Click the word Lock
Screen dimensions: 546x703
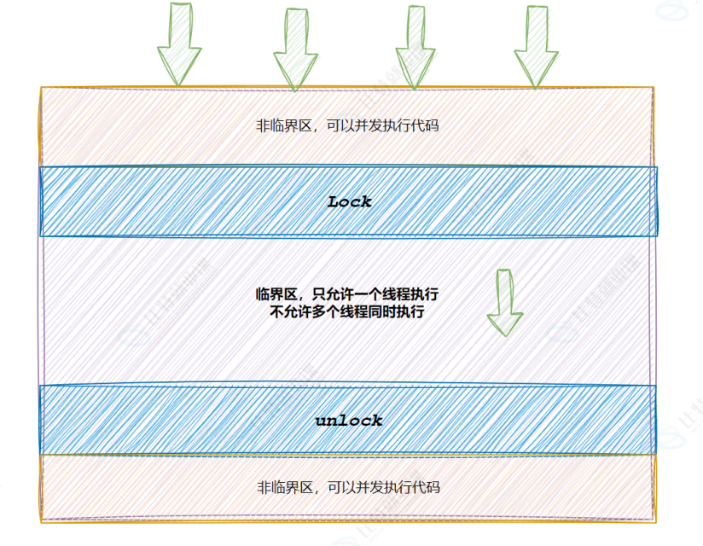click(x=350, y=202)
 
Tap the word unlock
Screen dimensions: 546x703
click(x=349, y=421)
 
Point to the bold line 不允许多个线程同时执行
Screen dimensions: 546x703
click(x=347, y=312)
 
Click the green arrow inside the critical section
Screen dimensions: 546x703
click(x=504, y=302)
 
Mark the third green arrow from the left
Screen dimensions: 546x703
click(x=415, y=47)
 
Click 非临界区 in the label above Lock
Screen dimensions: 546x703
click(x=282, y=126)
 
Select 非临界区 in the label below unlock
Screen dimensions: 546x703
click(x=282, y=488)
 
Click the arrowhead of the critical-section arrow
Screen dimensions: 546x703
click(x=504, y=322)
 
